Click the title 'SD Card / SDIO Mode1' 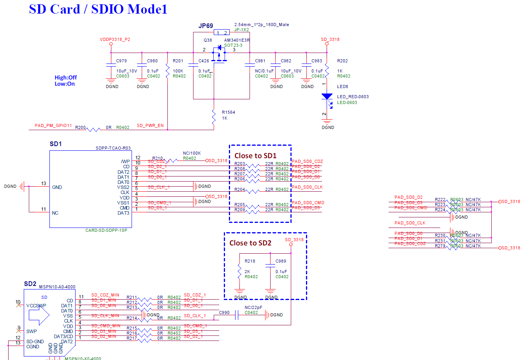tap(98, 9)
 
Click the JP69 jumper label tap(206, 26)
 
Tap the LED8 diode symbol tap(327, 97)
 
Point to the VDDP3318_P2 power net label tap(115, 40)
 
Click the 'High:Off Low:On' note tap(65, 81)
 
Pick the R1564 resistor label tap(229, 112)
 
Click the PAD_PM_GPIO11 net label tap(53, 126)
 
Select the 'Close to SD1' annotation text tap(255, 156)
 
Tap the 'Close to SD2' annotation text tap(250, 243)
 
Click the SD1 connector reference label tap(56, 144)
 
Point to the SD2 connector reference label tap(30, 284)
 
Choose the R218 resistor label tap(250, 261)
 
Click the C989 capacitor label tap(281, 261)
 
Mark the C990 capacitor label tap(224, 312)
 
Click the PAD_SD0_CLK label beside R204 tap(307, 187)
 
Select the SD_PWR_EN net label tap(150, 126)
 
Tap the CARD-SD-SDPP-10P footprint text tap(106, 230)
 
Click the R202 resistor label tap(343, 61)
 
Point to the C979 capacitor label tap(121, 61)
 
